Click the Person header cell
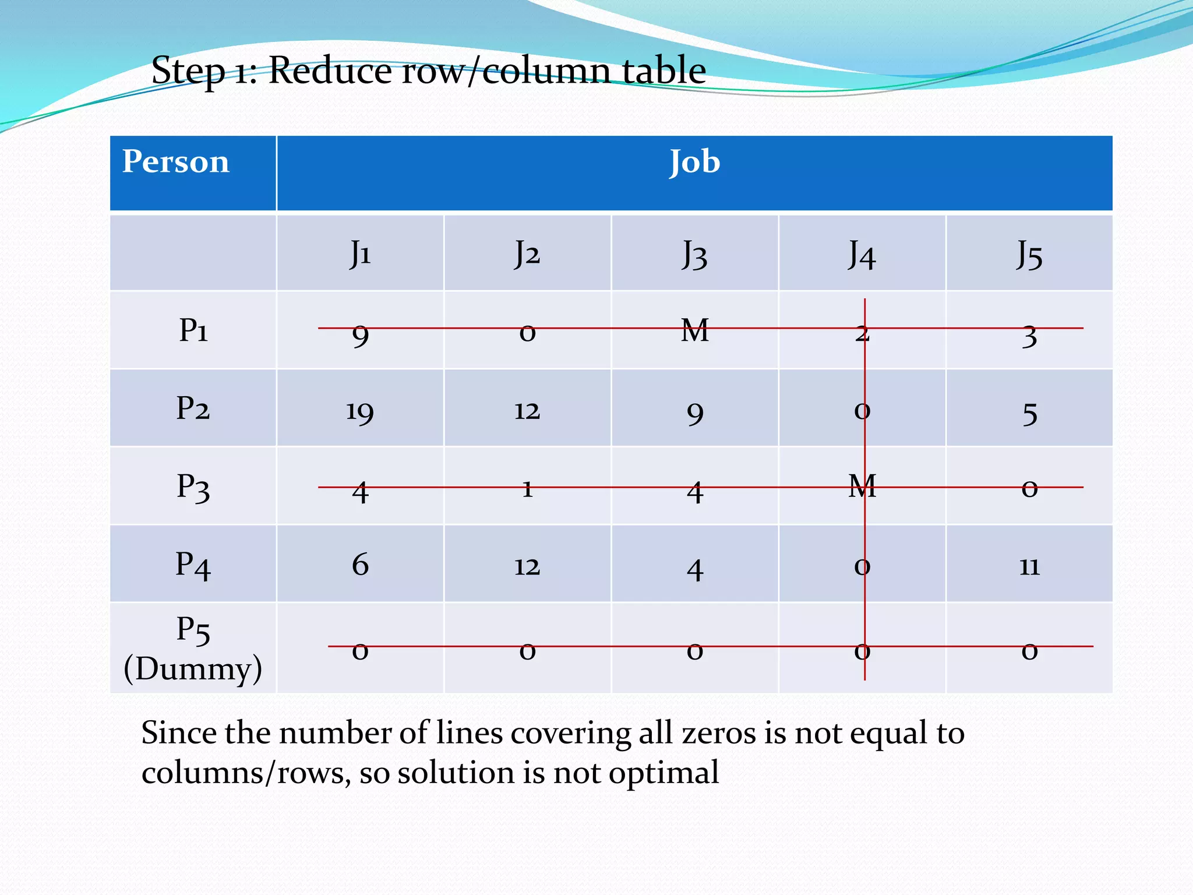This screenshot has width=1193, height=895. (175, 161)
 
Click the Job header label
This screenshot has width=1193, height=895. (694, 161)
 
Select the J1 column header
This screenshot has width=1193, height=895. (360, 253)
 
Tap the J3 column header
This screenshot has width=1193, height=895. (694, 255)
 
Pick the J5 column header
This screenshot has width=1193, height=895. (1029, 255)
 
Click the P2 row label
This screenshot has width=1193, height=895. (193, 408)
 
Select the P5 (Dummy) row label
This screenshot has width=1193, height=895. (193, 649)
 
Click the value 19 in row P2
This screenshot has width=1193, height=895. (360, 411)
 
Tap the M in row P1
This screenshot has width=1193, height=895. (694, 330)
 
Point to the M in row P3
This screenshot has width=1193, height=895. (862, 485)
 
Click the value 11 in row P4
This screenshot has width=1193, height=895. (1029, 565)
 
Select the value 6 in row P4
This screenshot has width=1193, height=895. (360, 565)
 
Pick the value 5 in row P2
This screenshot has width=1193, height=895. (1029, 414)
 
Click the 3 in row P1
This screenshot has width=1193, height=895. (1029, 336)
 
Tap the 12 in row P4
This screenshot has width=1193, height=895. (527, 566)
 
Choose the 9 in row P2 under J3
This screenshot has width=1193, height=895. (694, 413)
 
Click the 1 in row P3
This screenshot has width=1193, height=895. (527, 488)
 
